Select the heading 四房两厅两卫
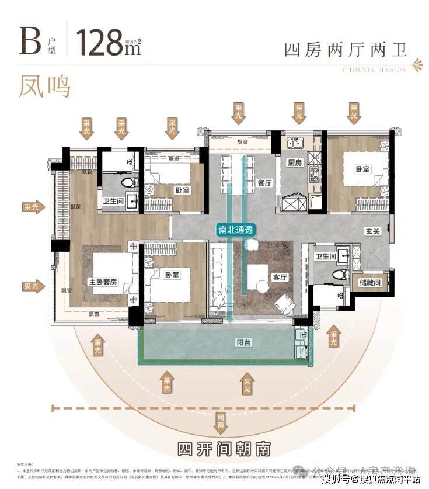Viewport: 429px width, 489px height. tap(345, 49)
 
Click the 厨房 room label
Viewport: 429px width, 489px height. tap(293, 163)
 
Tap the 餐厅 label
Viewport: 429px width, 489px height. tap(264, 182)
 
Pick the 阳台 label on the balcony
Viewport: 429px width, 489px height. tap(243, 343)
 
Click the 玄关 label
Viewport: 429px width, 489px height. tap(374, 231)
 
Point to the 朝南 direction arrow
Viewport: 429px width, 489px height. tap(221, 419)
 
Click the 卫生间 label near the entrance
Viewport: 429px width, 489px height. tap(326, 256)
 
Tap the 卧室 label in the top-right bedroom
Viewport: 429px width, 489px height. tap(362, 169)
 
